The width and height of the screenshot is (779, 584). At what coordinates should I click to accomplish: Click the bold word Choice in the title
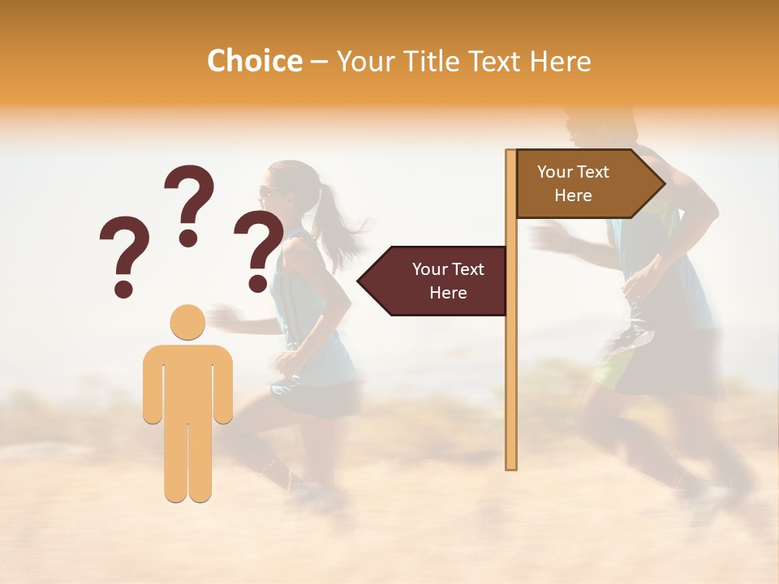pyautogui.click(x=254, y=61)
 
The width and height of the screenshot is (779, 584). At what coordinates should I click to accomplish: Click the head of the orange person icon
pyautogui.click(x=187, y=322)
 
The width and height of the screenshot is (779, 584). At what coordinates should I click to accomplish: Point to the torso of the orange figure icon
pyautogui.click(x=187, y=381)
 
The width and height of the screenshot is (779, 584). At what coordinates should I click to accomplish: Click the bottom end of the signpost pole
pyautogui.click(x=511, y=465)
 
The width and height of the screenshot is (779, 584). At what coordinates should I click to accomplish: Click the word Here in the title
pyautogui.click(x=560, y=62)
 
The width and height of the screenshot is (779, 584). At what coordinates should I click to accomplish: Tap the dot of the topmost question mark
pyautogui.click(x=189, y=238)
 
